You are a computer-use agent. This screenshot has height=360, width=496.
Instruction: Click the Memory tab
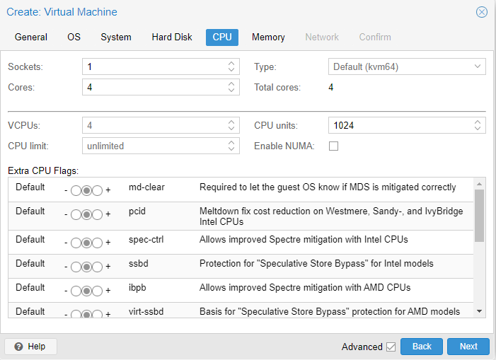[x=268, y=37]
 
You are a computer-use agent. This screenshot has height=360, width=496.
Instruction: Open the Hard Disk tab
[x=172, y=37]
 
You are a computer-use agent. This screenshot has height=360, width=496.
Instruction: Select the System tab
[x=116, y=37]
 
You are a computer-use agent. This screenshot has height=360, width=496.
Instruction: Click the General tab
[x=31, y=37]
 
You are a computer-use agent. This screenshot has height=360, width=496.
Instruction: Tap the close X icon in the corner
[x=481, y=12]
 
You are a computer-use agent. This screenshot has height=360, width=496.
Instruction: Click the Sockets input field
[x=154, y=66]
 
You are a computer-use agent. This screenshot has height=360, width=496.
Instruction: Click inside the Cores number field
[x=154, y=87]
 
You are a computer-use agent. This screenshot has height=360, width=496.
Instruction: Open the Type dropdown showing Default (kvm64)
[x=407, y=66]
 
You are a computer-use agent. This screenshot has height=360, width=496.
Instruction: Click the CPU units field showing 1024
[x=400, y=125]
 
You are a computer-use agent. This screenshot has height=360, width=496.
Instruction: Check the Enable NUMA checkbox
[x=333, y=146]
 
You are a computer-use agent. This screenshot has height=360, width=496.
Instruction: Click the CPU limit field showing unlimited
[x=154, y=146]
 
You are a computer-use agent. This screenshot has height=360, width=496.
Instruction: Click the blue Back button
[x=422, y=347]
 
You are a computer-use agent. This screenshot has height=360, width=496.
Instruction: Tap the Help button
[x=30, y=347]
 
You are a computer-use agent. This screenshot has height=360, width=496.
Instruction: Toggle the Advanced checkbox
[x=391, y=347]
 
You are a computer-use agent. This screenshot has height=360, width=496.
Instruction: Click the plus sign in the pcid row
[x=108, y=214]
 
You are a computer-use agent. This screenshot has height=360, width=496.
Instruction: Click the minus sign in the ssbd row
[x=66, y=267]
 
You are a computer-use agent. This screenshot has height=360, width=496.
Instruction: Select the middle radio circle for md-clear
[x=86, y=190]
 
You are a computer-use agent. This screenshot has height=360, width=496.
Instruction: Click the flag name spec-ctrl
[x=146, y=240]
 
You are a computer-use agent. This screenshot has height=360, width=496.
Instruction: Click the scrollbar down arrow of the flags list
[x=479, y=311]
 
